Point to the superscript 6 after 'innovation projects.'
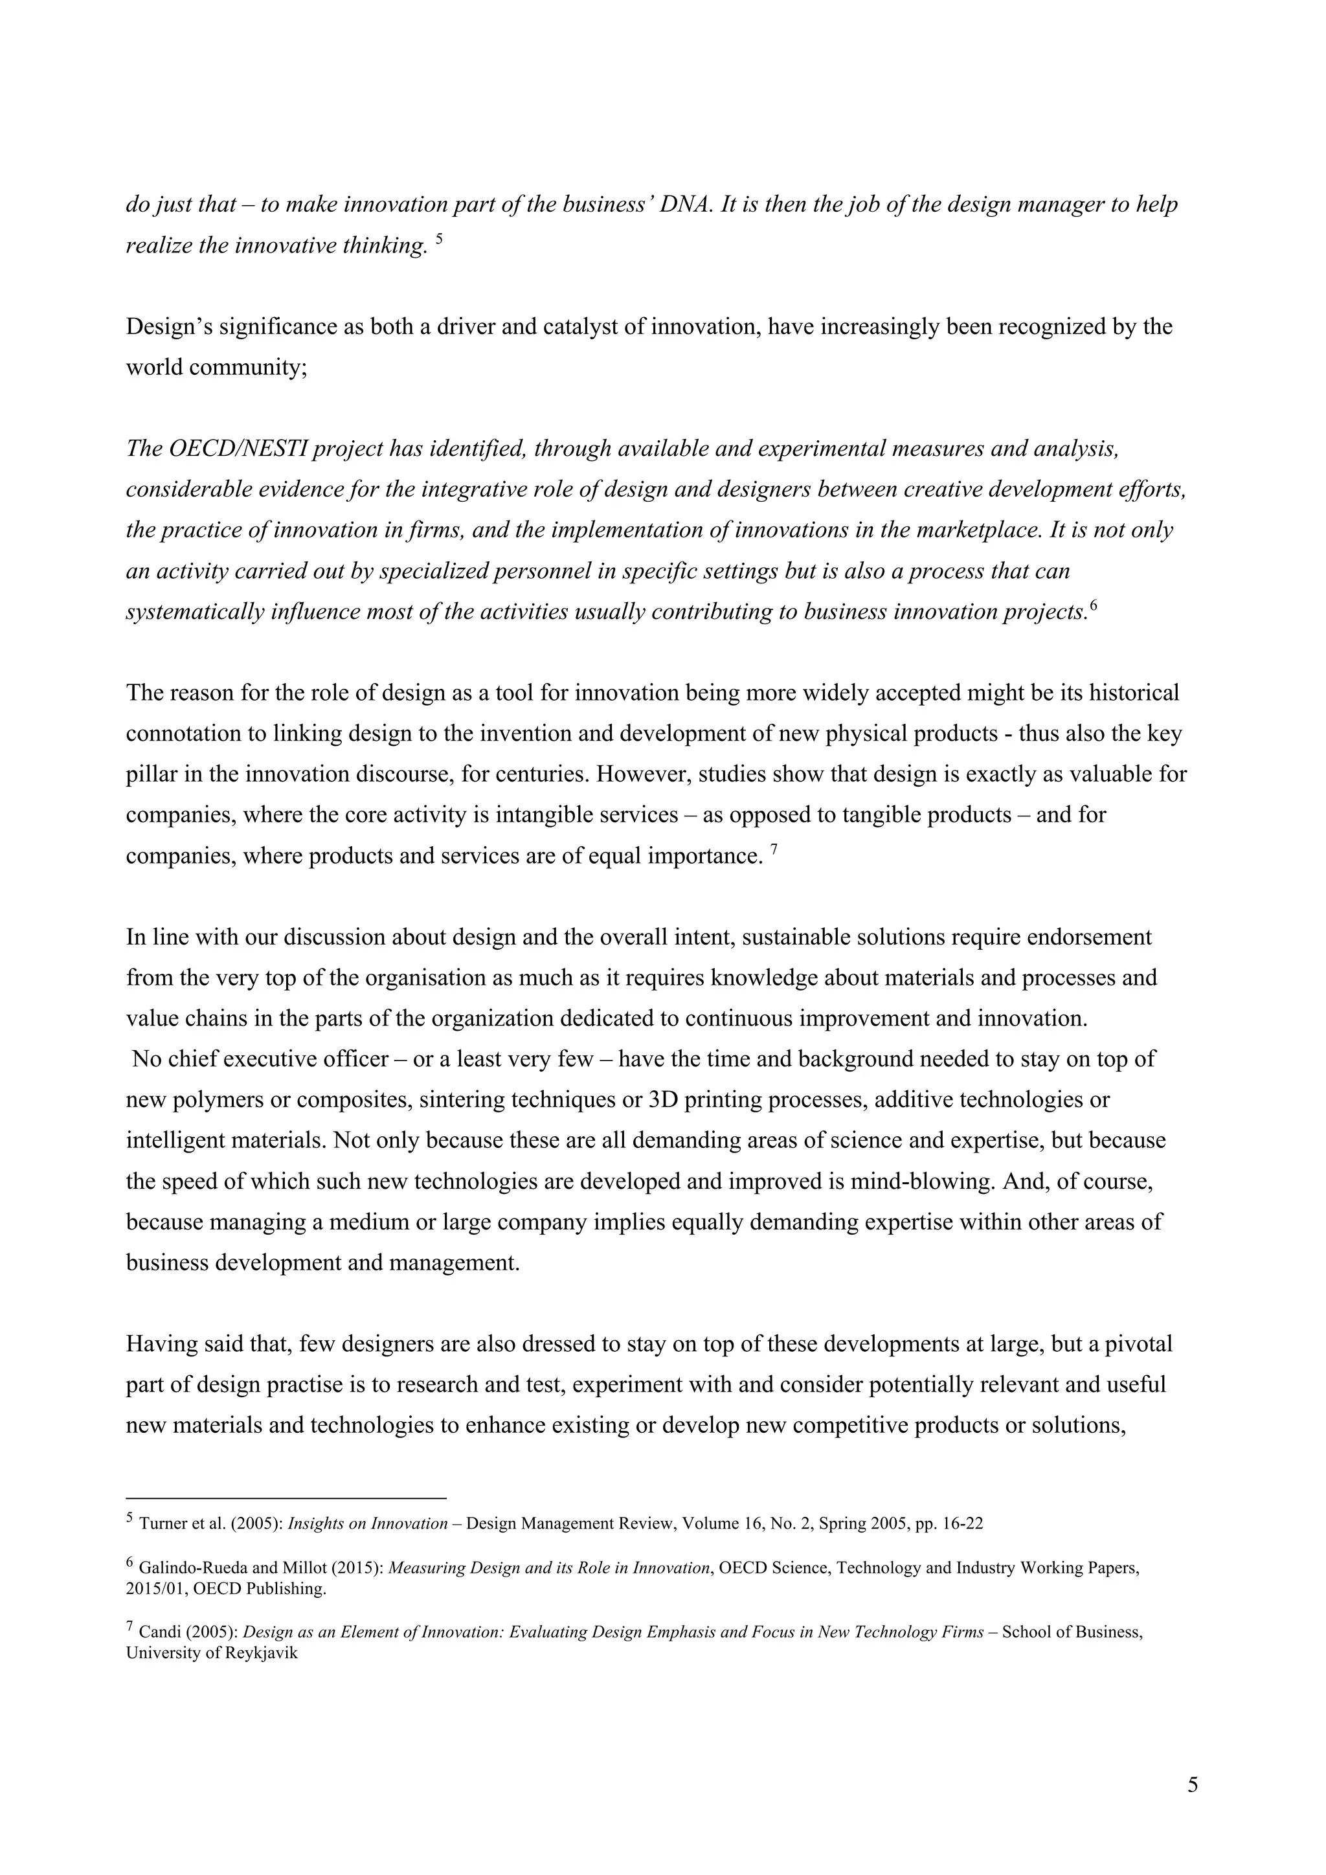[1094, 607]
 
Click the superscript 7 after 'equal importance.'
[774, 850]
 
